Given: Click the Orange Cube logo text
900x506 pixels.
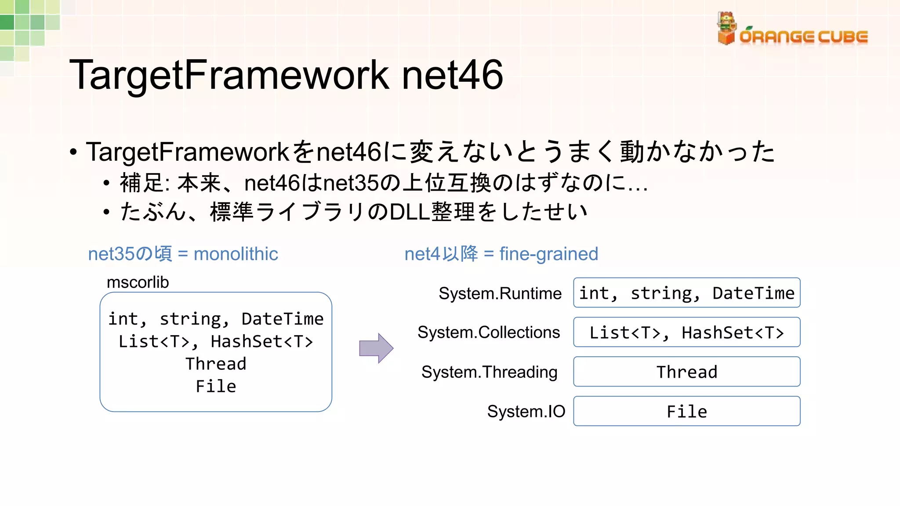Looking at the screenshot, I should pos(803,37).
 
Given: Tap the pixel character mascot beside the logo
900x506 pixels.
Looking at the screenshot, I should pos(726,28).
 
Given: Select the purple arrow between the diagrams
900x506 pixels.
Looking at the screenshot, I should pos(376,348).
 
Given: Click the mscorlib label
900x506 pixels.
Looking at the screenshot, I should pos(138,282).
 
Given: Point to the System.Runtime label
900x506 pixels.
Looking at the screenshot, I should pos(500,293).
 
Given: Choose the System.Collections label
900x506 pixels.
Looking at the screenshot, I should pos(489,333).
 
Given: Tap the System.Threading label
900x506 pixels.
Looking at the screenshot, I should pos(489,372).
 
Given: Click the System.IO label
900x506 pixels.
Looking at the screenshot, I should pos(526,412).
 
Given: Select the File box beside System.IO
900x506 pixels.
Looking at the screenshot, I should pos(686,412).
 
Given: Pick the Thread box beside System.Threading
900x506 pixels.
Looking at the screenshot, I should pos(686,372).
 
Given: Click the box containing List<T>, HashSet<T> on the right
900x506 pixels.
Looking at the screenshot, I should pos(686,333).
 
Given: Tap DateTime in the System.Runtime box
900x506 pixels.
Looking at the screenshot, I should pos(753,293).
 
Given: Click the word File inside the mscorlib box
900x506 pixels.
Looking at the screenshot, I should pos(216,387).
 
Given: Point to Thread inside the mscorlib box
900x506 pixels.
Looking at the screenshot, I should pos(216,364).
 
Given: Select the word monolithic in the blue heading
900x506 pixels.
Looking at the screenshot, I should pos(236,254).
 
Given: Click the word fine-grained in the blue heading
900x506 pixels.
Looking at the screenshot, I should pos(548,254).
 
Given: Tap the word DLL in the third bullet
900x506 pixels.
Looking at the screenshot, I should pos(410,212).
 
